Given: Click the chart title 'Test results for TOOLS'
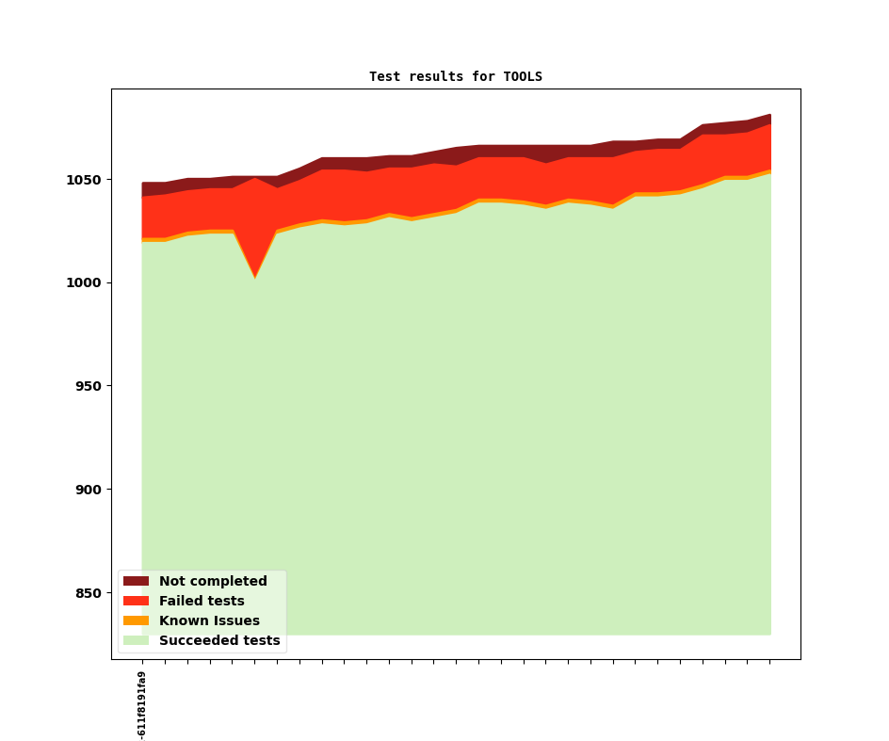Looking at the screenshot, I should (x=456, y=76).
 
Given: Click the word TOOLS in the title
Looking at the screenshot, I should (x=523, y=76).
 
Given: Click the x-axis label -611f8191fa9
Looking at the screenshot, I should (x=142, y=704).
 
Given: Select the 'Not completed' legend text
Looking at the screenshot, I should (x=213, y=582).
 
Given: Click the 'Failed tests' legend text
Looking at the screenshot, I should (x=202, y=602).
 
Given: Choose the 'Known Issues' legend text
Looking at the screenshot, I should (x=209, y=621).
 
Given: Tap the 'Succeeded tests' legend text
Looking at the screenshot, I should (x=219, y=641).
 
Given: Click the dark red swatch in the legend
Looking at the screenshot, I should (x=137, y=582).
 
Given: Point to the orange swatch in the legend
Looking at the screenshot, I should (x=137, y=621).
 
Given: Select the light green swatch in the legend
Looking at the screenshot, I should (x=137, y=641).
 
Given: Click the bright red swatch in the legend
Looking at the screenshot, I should (x=137, y=602).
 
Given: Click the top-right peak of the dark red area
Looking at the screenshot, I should (x=770, y=115).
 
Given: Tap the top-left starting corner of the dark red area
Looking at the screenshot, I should (x=143, y=184).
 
